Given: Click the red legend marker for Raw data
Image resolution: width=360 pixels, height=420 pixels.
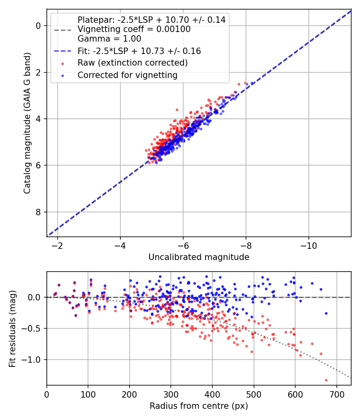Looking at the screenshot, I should point(62,63).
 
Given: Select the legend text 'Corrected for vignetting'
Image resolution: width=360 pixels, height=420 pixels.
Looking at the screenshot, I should point(127,75).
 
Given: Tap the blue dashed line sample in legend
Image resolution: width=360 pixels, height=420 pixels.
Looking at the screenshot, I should point(62,51).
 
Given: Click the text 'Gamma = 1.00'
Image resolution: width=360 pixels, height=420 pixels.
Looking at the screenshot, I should point(109,39).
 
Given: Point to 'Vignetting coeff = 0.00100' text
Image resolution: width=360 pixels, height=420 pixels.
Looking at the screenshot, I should point(134,29).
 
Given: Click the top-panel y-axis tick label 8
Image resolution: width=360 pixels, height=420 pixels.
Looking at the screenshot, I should point(39,212).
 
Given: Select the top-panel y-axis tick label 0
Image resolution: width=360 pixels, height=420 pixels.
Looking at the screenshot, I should point(39,26).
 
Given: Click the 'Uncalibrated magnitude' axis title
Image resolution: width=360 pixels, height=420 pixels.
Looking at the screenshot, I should point(199,257).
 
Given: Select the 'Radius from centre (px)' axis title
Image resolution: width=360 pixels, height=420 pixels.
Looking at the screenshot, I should point(199,406).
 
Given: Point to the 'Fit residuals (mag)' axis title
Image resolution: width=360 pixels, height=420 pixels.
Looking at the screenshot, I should point(12,329).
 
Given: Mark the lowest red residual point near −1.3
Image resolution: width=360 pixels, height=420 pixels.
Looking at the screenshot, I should point(326,380).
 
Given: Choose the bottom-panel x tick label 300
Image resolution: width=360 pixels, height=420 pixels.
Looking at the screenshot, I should point(171,394).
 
